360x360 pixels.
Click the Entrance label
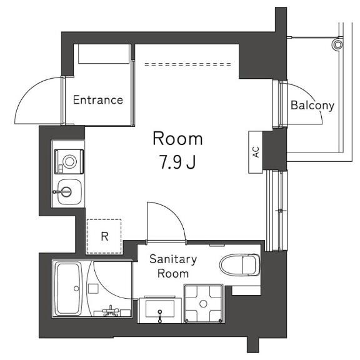click(97, 100)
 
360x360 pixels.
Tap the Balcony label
click(312, 106)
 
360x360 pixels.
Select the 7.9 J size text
click(177, 162)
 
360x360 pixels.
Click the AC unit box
click(256, 152)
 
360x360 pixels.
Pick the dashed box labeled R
click(104, 236)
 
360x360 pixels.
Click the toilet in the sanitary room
click(240, 264)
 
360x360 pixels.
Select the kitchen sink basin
click(69, 192)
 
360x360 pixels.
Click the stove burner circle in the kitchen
click(69, 161)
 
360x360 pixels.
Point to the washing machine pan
click(203, 304)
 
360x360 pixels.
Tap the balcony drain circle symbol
click(337, 44)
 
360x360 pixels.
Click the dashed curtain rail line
click(187, 64)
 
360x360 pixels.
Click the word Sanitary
click(173, 259)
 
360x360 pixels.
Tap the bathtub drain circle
click(76, 289)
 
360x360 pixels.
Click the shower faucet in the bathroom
click(111, 311)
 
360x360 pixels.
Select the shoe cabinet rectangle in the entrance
click(104, 54)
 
